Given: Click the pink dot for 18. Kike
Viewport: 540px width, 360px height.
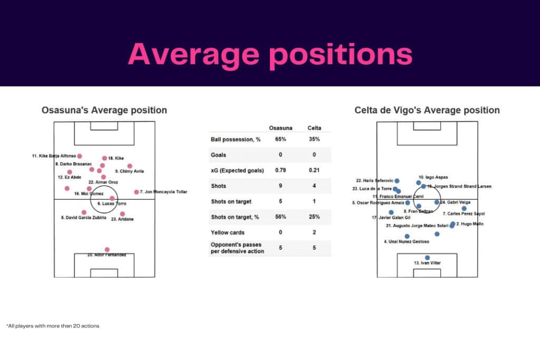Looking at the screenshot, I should [x=104, y=158].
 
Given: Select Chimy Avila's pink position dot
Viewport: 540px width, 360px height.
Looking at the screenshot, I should [x=130, y=166].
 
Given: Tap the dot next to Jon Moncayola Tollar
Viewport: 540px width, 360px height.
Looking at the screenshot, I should [x=137, y=192].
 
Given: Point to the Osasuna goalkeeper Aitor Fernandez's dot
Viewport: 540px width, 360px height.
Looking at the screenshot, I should [x=107, y=249].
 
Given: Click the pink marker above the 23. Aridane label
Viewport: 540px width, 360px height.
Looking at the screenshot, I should [x=122, y=213].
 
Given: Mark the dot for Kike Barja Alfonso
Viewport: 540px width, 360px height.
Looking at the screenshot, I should [x=80, y=156].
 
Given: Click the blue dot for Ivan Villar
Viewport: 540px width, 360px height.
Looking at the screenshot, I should [x=427, y=257].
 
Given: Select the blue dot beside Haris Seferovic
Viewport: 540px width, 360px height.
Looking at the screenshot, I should [x=397, y=181].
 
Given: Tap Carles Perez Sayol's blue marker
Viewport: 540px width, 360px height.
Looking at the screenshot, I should [x=464, y=208].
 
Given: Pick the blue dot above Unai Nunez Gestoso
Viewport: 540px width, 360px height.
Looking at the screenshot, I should [x=407, y=236].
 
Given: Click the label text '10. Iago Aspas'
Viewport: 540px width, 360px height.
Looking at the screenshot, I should [x=433, y=178].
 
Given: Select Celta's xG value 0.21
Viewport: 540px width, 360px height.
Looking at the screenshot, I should [x=314, y=170].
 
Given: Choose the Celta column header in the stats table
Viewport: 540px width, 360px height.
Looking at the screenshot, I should [x=314, y=128].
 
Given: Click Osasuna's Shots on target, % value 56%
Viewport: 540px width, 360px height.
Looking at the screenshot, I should [x=280, y=217].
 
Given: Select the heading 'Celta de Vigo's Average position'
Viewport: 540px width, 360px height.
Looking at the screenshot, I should [x=427, y=110].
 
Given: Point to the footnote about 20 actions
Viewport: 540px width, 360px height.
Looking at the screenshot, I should [x=53, y=326].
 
